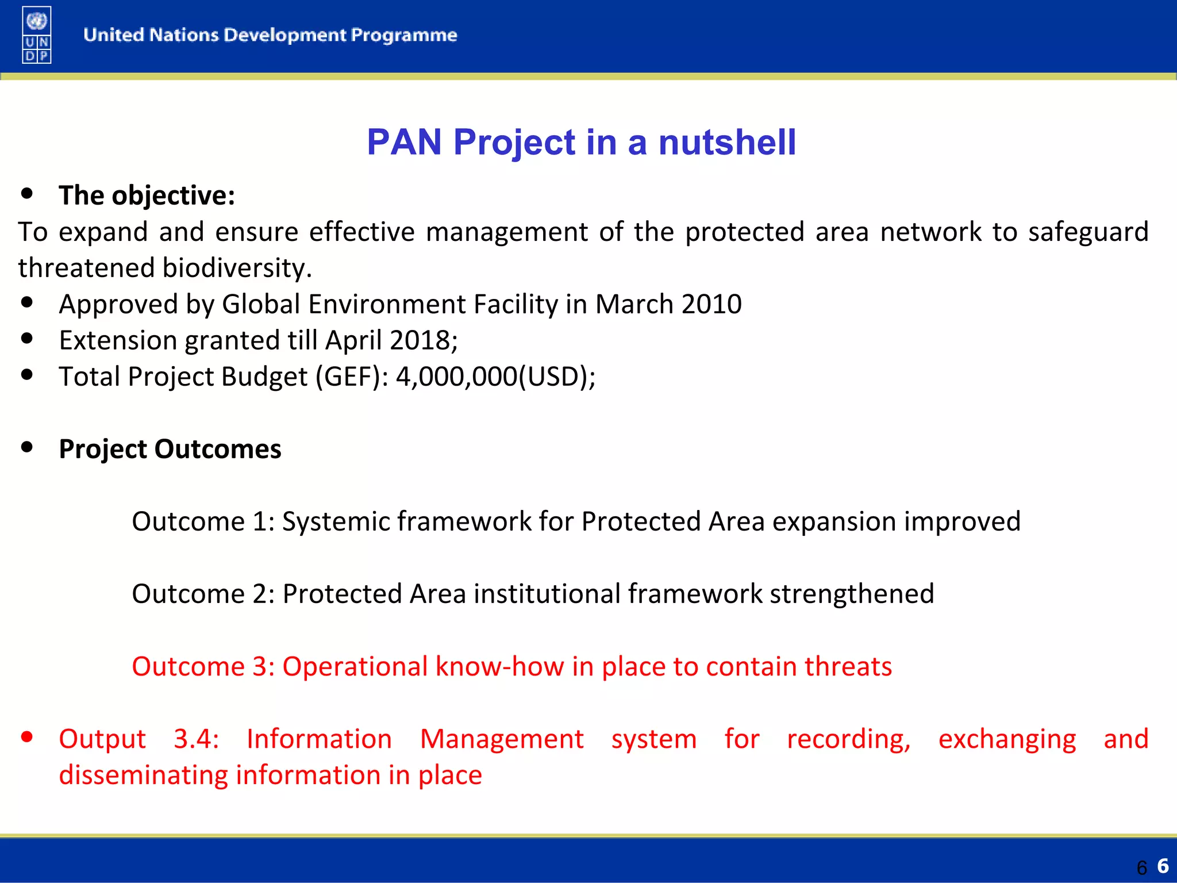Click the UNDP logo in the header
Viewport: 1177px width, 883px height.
click(37, 34)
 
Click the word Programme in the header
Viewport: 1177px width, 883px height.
click(404, 35)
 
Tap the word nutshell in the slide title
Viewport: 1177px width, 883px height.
click(727, 142)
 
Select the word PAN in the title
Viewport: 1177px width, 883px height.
click(404, 142)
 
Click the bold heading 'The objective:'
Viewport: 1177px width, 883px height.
click(147, 195)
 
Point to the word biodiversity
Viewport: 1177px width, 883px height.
click(237, 268)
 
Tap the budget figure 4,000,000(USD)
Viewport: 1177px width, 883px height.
click(495, 377)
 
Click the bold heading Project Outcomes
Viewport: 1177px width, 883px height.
click(170, 449)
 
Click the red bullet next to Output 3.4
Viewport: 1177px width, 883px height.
click(26, 736)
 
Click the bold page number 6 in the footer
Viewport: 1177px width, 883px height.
click(1163, 866)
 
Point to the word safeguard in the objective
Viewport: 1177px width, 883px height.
click(1088, 232)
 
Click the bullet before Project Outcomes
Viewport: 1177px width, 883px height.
click(26, 447)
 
